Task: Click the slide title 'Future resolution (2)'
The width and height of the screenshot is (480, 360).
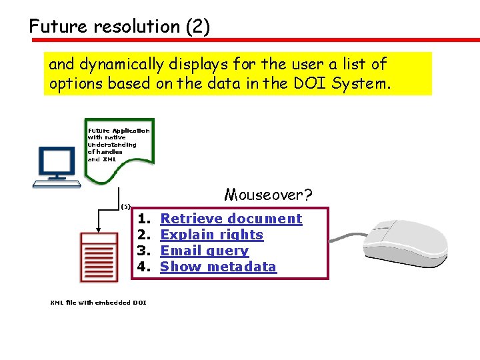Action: [119, 27]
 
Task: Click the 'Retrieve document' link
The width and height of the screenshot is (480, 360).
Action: [231, 219]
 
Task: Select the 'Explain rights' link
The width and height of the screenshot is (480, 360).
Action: [212, 235]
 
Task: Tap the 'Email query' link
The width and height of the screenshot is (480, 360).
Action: [205, 251]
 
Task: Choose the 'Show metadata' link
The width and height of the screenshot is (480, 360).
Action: [218, 267]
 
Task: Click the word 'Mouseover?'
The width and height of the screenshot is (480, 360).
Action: [268, 195]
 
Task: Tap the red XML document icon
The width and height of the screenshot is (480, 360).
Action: [99, 257]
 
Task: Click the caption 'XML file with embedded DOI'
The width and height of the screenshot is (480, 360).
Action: [99, 303]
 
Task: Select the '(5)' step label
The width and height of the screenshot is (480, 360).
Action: [125, 206]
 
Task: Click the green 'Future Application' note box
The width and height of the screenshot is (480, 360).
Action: [118, 150]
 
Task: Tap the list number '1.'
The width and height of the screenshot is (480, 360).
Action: [143, 219]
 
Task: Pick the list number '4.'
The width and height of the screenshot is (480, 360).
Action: [143, 267]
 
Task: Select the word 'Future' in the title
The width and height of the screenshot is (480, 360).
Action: [58, 27]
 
